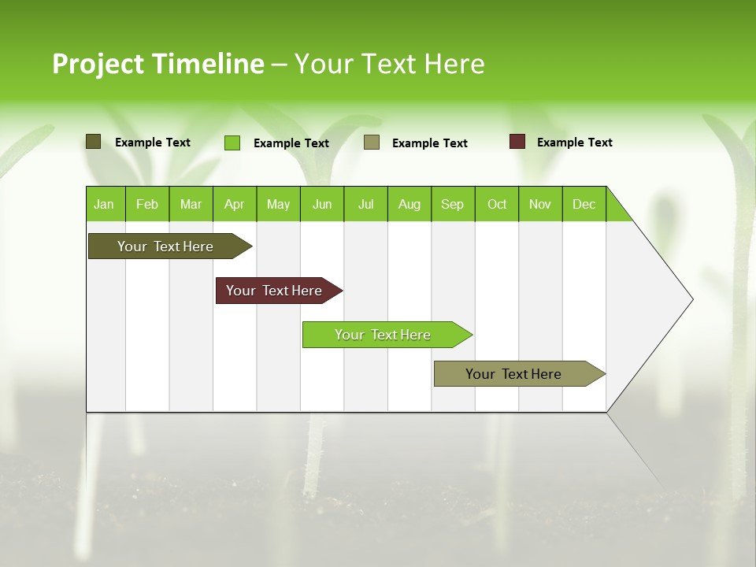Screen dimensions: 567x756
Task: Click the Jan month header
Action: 105,204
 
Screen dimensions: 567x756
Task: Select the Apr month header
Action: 235,204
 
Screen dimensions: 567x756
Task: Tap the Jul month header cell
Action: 365,204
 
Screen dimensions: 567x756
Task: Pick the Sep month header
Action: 452,204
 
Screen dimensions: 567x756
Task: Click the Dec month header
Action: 584,204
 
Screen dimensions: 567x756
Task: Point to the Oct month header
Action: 497,204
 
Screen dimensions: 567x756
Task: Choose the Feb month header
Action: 147,204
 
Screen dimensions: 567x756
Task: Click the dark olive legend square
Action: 93,142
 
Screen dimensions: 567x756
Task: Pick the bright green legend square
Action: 232,143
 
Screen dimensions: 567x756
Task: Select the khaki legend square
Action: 372,143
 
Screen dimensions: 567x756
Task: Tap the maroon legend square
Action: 517,142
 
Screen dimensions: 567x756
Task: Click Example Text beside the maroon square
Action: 574,143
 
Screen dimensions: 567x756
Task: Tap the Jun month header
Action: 322,204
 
